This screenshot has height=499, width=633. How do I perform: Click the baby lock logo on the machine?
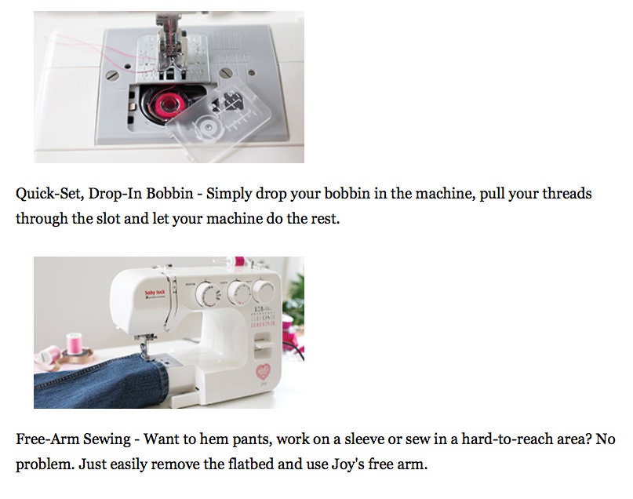[x=151, y=295]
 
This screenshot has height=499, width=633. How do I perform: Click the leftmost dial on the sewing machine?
[x=205, y=295]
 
